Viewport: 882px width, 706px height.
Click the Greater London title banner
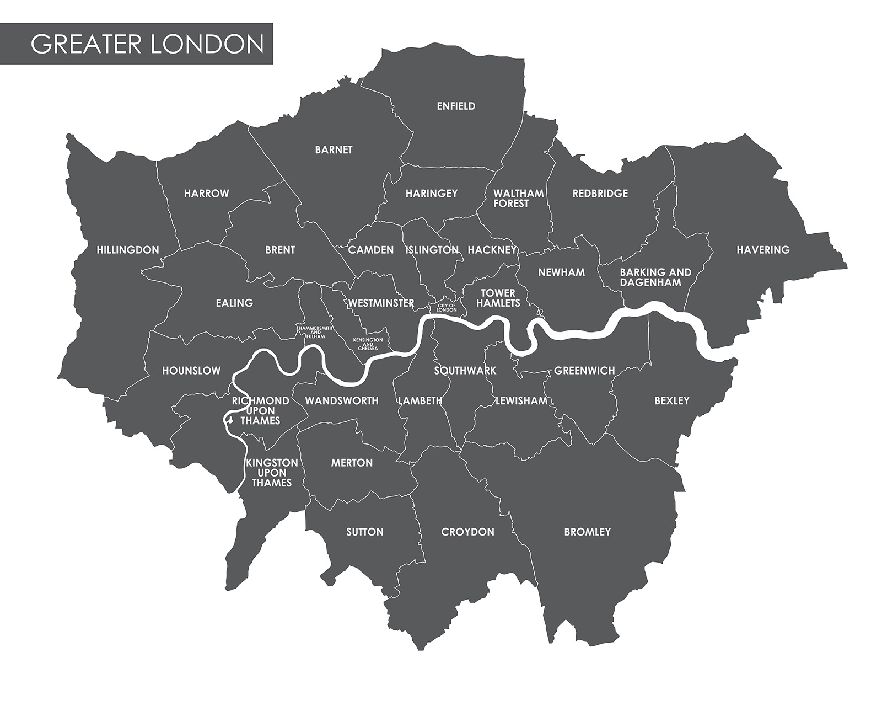pyautogui.click(x=147, y=44)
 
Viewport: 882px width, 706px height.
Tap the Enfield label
pyautogui.click(x=456, y=106)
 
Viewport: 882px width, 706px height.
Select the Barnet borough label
pyautogui.click(x=334, y=150)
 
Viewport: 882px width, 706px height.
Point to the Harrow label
pyautogui.click(x=206, y=194)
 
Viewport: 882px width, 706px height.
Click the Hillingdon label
pyautogui.click(x=128, y=250)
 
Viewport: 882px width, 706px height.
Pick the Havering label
pyautogui.click(x=763, y=250)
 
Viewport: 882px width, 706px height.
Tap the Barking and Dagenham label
pyautogui.click(x=655, y=277)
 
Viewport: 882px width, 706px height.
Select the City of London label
pyautogui.click(x=447, y=308)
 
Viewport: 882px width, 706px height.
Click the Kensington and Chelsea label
pyautogui.click(x=368, y=344)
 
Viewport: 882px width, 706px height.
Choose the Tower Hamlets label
pyautogui.click(x=498, y=298)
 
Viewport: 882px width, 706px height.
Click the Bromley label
pyautogui.click(x=587, y=532)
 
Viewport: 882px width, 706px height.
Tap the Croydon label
pyautogui.click(x=467, y=532)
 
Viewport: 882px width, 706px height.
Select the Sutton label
pyautogui.click(x=364, y=532)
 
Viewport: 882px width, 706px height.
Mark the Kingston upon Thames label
pyautogui.click(x=271, y=473)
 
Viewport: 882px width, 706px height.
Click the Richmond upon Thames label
pyautogui.click(x=260, y=411)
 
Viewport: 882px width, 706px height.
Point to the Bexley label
pyautogui.click(x=671, y=401)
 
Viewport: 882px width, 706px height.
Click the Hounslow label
pyautogui.click(x=191, y=371)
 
